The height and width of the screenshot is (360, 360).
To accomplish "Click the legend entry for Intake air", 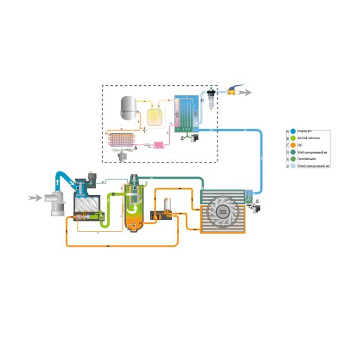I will click(293, 131).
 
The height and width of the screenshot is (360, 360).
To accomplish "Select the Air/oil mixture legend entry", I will click(293, 137).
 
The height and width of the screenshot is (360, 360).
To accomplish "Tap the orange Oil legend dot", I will click(293, 145).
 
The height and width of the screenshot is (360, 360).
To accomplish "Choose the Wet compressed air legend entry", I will click(293, 152).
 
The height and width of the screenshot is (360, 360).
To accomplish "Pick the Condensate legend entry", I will click(293, 158).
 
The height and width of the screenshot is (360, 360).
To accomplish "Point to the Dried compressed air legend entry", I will click(293, 166).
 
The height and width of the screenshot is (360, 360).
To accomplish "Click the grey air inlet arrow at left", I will click(34, 197).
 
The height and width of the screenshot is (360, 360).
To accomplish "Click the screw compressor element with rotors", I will click(86, 204).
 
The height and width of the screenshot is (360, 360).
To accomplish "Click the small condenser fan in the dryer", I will click(124, 154).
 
